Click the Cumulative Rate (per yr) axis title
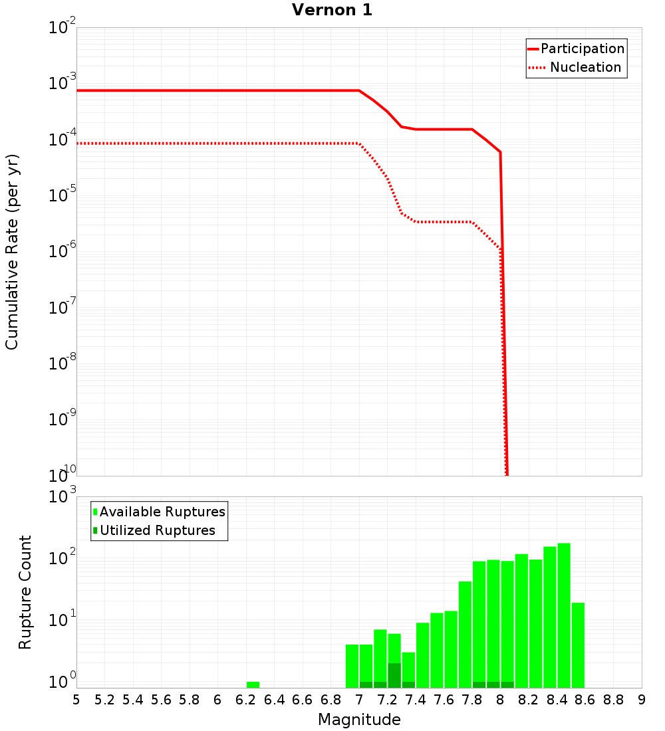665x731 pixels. [x=12, y=252]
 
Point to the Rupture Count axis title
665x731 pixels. [x=25, y=592]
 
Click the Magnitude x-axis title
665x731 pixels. [x=359, y=720]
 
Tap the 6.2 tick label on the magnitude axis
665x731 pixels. [x=246, y=700]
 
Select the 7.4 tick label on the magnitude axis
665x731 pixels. [x=416, y=700]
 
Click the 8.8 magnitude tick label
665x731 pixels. [x=613, y=700]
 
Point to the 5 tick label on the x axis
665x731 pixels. [x=76, y=700]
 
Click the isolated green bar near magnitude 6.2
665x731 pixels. [x=253, y=684]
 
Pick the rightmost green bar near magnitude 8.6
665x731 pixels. [x=578, y=645]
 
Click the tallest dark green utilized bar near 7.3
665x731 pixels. [x=394, y=675]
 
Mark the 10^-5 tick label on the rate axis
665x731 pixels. [x=63, y=197]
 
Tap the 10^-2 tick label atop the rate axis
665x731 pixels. [x=63, y=29]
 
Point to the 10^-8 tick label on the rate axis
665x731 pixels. [x=63, y=365]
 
